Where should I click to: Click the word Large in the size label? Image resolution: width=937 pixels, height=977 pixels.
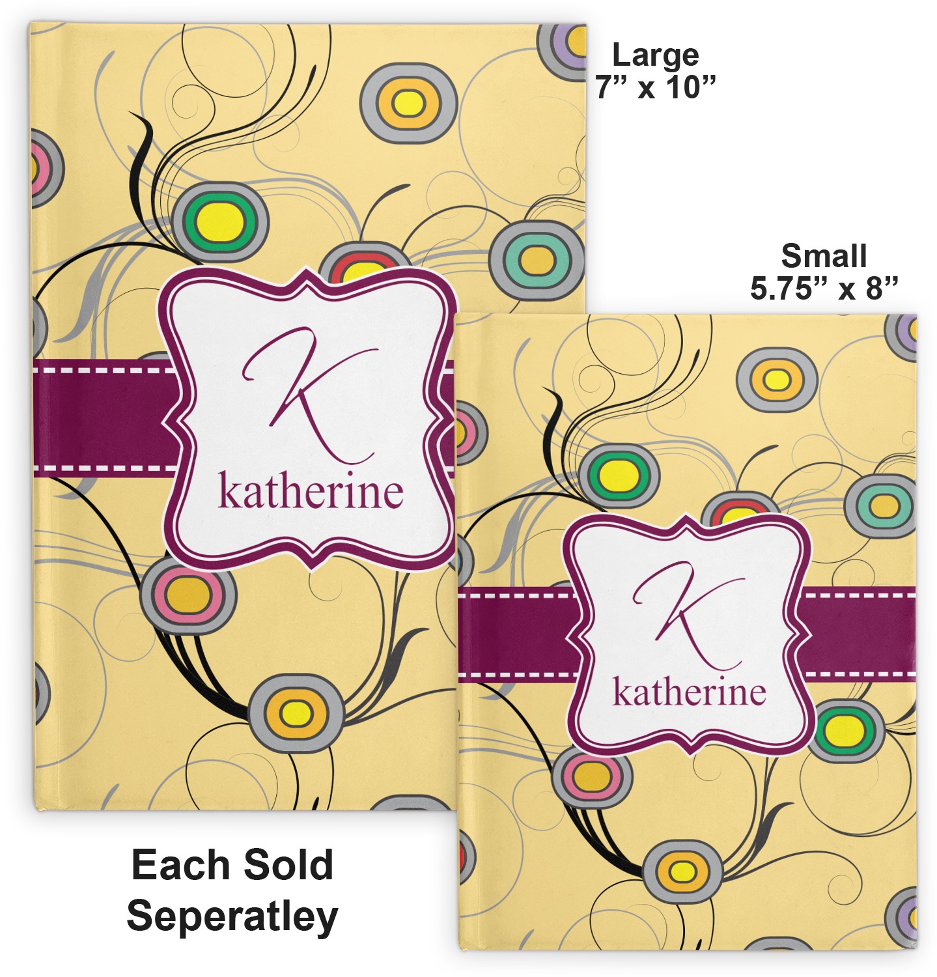655,55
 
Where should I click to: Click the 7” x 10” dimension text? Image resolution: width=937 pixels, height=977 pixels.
655,87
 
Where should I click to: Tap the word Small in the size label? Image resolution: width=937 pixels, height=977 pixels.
824,256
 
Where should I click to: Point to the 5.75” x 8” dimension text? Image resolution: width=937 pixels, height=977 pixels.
824,288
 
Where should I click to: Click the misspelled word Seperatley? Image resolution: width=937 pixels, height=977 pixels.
232,916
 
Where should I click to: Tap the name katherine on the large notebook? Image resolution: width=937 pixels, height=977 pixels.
310,492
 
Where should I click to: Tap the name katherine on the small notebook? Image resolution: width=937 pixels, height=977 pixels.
689,692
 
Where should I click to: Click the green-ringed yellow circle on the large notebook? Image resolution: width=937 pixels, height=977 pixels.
221,221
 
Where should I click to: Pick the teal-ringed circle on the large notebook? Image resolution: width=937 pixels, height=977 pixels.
537,261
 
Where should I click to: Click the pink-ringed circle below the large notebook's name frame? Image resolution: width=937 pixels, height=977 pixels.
188,595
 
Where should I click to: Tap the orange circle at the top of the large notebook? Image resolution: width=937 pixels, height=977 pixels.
408,103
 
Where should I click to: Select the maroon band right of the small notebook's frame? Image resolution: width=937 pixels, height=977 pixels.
860,632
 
